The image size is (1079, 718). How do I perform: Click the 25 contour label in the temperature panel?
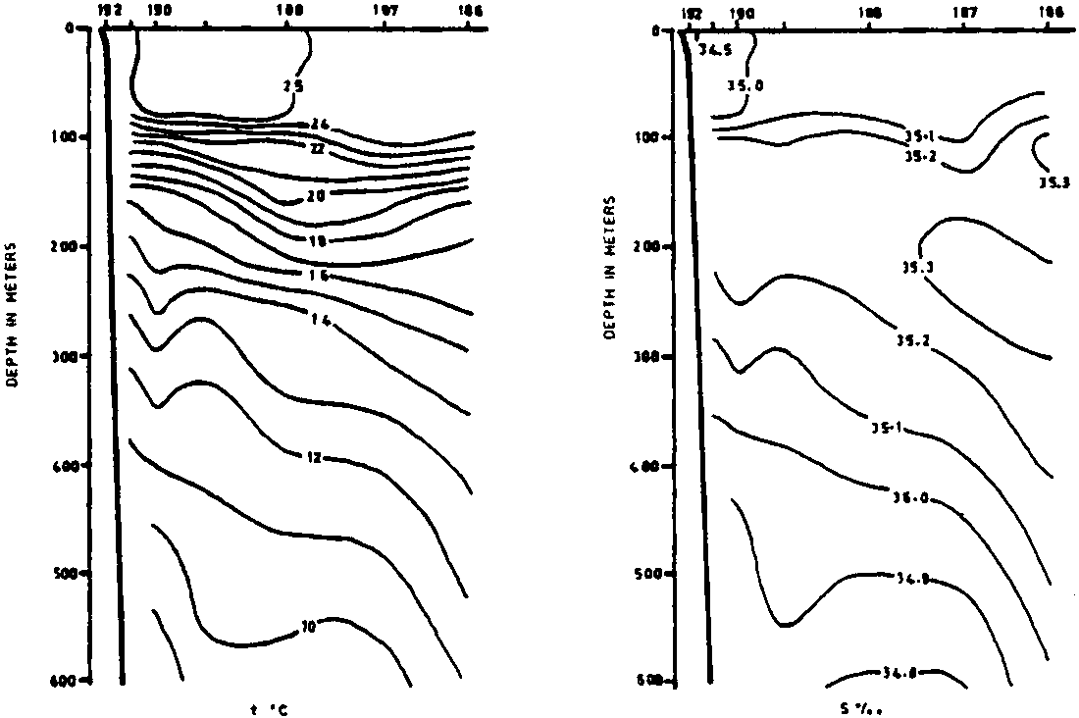click(x=292, y=86)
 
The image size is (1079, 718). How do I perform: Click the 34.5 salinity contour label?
click(x=714, y=46)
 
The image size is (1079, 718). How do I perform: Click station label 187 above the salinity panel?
click(x=965, y=13)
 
